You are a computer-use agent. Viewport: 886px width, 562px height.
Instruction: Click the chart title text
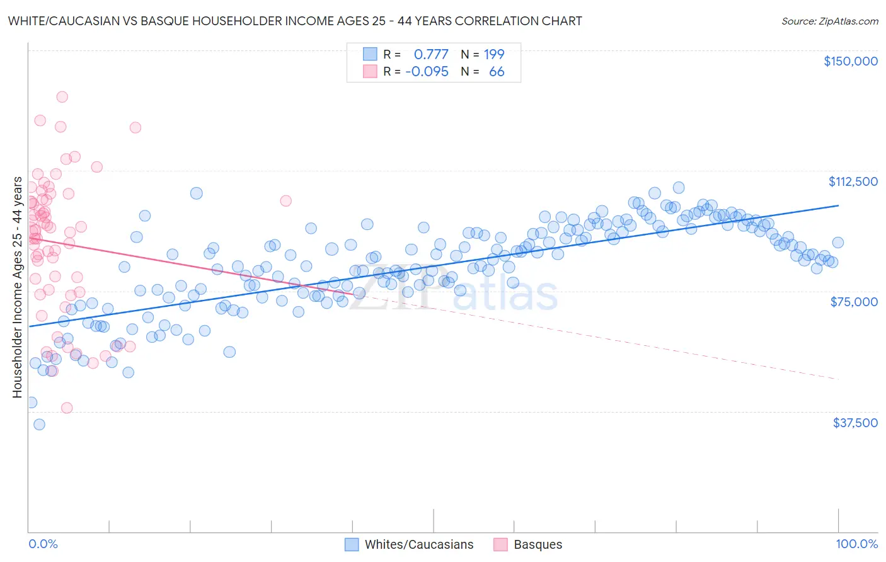click(x=295, y=21)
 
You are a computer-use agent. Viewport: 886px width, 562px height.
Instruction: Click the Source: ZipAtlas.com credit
click(x=829, y=21)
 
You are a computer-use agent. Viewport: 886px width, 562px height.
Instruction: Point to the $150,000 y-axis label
click(x=850, y=61)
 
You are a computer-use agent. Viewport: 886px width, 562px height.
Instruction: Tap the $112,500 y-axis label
click(x=853, y=181)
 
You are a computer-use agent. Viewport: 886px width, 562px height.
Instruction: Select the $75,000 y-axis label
click(x=854, y=302)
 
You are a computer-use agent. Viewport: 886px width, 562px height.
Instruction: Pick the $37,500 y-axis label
click(x=854, y=423)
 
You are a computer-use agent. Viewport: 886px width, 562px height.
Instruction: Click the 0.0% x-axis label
click(x=43, y=544)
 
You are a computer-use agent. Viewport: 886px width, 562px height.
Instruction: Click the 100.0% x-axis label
click(x=856, y=544)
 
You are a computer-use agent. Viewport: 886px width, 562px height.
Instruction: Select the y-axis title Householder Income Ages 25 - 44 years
click(x=18, y=287)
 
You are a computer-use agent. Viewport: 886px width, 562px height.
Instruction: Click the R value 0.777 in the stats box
click(x=431, y=54)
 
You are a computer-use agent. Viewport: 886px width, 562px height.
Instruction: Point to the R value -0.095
click(x=427, y=72)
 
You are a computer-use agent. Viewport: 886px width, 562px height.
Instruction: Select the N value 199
click(x=494, y=54)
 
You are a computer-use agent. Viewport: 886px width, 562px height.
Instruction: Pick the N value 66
click(x=497, y=72)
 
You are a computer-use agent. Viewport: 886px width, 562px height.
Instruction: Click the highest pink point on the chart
click(x=62, y=97)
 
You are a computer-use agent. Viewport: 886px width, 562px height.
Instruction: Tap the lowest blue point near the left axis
click(x=39, y=425)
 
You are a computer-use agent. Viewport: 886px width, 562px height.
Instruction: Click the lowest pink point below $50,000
click(x=67, y=408)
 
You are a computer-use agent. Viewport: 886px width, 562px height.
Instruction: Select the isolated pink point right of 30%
click(x=285, y=201)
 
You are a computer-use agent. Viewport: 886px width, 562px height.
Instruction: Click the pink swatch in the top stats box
click(x=369, y=72)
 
